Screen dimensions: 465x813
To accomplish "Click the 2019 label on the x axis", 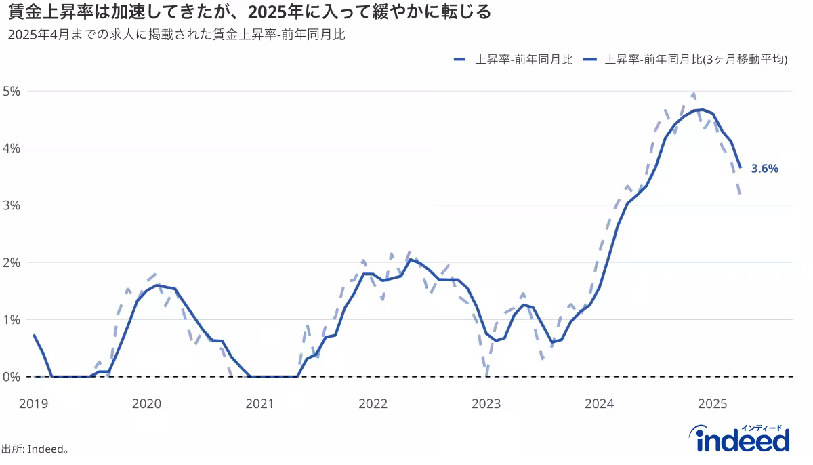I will click(33, 404).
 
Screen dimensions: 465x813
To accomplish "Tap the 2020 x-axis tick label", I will click(146, 404).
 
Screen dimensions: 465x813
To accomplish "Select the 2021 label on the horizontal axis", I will click(259, 404).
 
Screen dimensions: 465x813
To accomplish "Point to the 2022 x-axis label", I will click(373, 404).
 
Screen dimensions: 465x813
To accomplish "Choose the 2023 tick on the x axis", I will click(486, 404).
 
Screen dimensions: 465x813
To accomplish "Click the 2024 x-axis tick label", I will click(599, 404).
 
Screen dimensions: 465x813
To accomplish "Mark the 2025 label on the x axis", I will click(712, 404).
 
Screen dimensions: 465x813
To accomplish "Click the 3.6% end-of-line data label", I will click(764, 169).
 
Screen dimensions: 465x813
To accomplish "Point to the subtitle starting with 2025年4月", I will click(177, 35).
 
